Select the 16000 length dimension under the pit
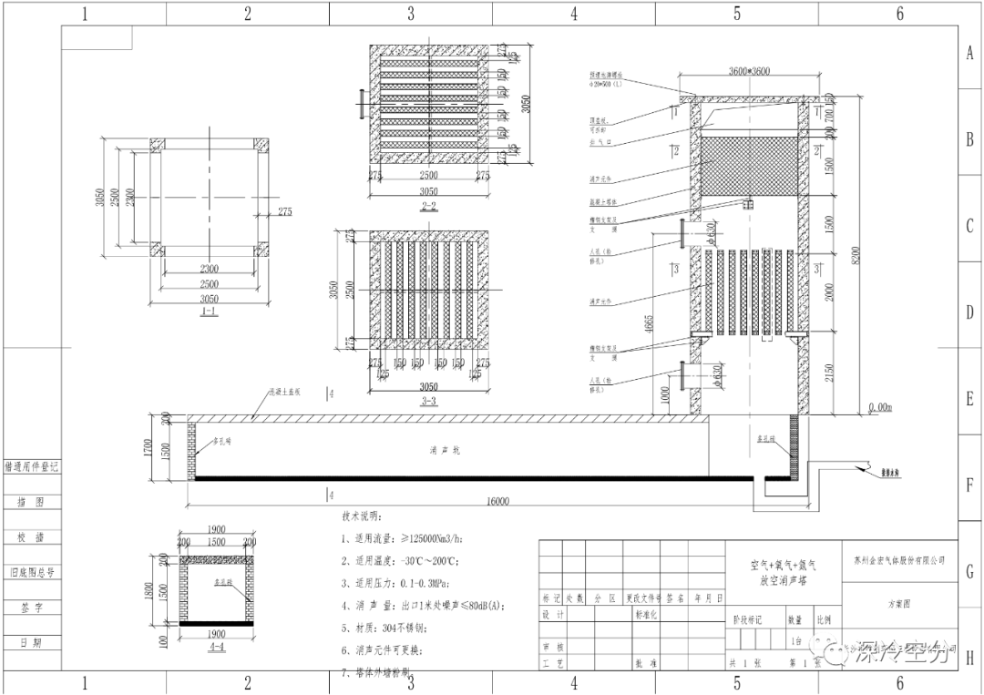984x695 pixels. tap(497, 501)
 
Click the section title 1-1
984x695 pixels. tap(209, 312)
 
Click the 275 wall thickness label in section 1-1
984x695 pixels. tap(285, 211)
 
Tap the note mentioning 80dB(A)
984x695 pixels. tap(423, 605)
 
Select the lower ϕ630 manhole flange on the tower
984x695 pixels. tap(682, 376)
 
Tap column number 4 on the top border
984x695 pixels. tap(574, 14)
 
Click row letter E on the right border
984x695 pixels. tap(969, 398)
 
